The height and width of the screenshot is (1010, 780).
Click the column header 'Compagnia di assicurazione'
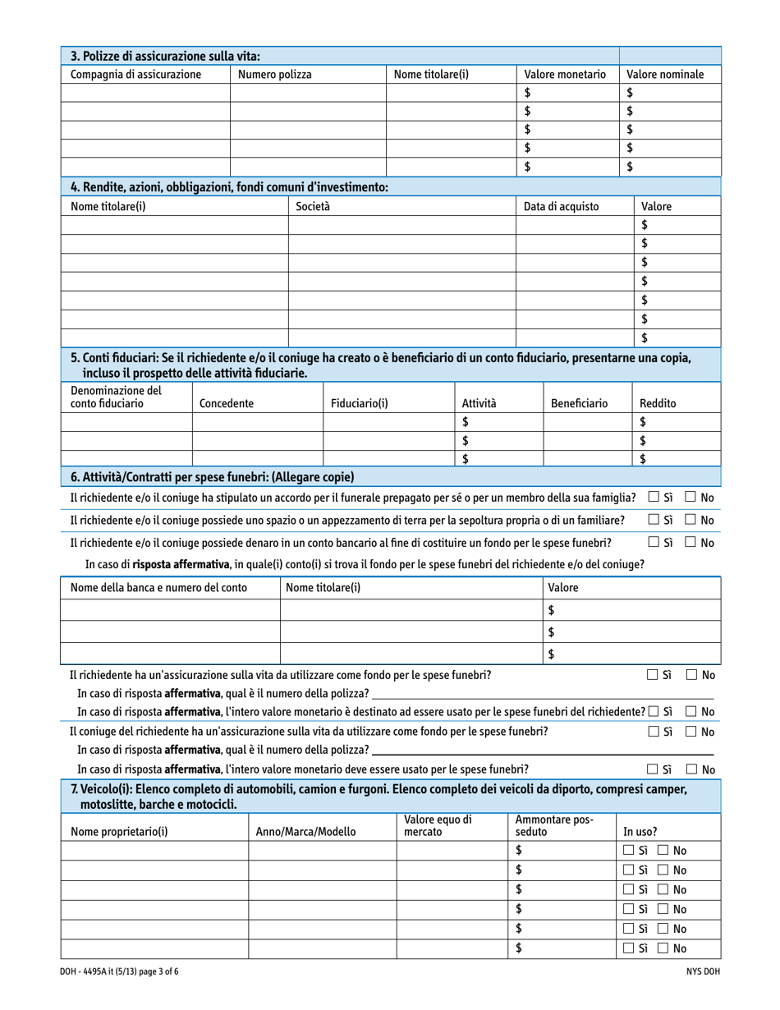(136, 75)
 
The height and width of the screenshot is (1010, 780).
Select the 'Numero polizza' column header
(274, 75)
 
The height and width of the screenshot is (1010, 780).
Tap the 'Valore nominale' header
(664, 75)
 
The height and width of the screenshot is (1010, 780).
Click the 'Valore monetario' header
(565, 75)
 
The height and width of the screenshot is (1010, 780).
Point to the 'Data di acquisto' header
(561, 207)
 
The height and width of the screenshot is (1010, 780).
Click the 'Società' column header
(313, 207)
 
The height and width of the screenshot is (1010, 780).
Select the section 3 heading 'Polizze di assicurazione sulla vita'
(166, 57)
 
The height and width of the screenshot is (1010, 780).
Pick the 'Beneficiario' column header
(579, 403)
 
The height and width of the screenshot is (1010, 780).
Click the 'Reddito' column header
(658, 403)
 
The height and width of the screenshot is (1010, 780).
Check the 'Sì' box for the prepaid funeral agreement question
(653, 497)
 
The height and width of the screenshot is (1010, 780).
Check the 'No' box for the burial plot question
(691, 520)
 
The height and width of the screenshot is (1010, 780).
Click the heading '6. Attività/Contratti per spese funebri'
(213, 476)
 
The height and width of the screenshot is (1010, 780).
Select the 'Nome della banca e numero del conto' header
(159, 588)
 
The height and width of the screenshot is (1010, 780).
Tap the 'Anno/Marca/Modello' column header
(306, 831)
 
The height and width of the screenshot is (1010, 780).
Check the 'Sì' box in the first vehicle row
(628, 851)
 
